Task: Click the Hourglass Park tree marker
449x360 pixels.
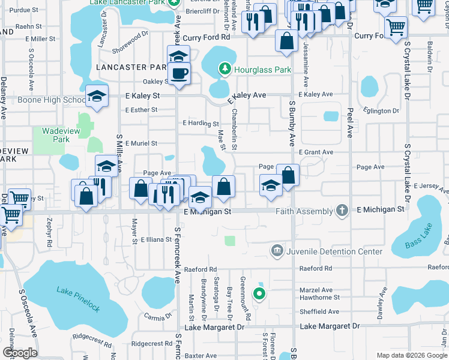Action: coord(225,70)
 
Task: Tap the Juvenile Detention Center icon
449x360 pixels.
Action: coord(277,251)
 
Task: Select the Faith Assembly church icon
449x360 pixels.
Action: coord(342,211)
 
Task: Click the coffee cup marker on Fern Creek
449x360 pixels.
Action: coord(179,74)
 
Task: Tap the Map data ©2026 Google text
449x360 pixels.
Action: coord(412,355)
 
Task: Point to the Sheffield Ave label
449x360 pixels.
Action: coord(320,311)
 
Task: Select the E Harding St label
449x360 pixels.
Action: coord(200,124)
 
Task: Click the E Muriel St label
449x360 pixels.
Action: coord(140,143)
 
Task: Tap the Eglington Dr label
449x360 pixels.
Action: coord(381,111)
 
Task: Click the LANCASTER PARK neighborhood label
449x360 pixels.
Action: coord(130,68)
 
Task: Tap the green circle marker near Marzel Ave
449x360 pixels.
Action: coord(259,293)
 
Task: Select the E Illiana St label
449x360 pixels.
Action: coord(157,239)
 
